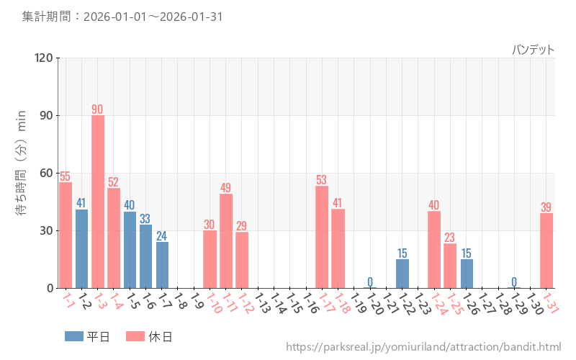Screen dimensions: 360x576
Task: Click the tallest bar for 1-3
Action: click(98, 202)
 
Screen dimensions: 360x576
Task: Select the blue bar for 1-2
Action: click(81, 248)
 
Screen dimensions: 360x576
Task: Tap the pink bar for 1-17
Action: click(322, 237)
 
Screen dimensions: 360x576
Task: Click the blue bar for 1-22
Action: click(402, 274)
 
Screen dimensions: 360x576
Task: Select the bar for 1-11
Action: click(226, 240)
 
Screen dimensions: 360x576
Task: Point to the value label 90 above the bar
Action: click(97, 109)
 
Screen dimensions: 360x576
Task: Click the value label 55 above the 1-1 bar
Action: click(65, 176)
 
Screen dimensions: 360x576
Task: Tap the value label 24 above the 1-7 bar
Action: click(162, 235)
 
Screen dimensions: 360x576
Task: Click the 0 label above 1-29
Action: click(514, 282)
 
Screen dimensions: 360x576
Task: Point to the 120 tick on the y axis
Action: click(44, 58)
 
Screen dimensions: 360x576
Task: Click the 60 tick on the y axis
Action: click(46, 173)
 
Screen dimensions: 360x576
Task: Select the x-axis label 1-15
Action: click(294, 301)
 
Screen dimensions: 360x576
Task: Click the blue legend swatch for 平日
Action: click(74, 336)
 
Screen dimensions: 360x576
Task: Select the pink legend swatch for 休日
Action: click(135, 336)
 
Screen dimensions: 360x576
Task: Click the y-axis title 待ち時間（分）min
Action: click(22, 173)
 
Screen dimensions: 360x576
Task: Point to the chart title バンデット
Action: click(533, 50)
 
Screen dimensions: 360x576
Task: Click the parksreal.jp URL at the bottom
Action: click(423, 348)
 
